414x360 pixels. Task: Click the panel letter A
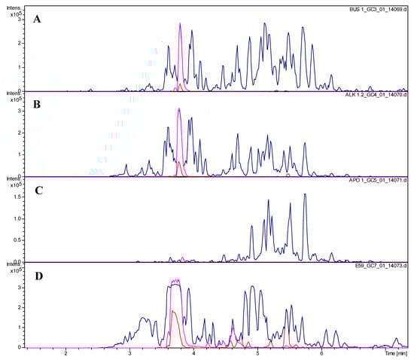35,20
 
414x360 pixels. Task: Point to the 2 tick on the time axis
66,352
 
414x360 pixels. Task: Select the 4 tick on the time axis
194,352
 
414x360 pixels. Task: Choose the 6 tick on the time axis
322,352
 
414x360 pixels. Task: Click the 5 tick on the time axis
258,352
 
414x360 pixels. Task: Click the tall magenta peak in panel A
180,26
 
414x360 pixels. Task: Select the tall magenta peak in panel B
179,111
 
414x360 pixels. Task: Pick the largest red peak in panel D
174,313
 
